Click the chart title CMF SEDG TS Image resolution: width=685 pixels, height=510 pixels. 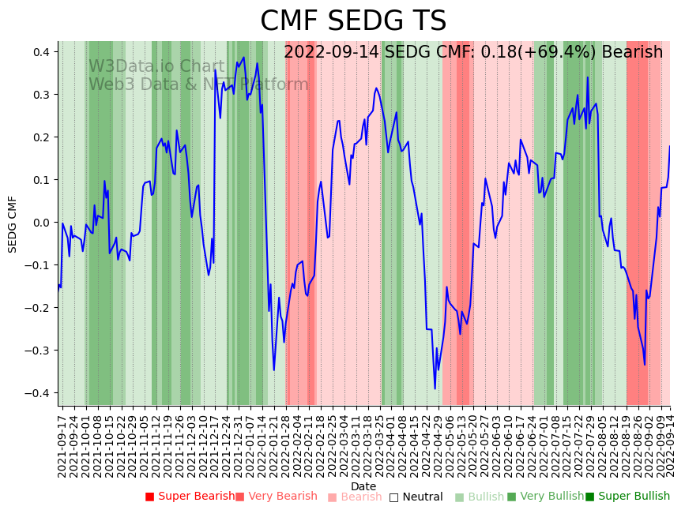tap(353, 21)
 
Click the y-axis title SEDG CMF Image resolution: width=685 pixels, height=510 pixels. tap(13, 224)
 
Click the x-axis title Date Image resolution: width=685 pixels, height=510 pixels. tap(363, 486)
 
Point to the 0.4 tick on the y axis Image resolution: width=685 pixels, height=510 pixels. tap(40, 52)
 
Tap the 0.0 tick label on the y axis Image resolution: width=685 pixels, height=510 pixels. tap(40, 223)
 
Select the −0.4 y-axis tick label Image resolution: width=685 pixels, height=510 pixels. tap(37, 393)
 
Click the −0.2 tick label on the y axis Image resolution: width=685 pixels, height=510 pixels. tap(37, 308)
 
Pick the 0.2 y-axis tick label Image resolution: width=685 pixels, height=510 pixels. tap(40, 137)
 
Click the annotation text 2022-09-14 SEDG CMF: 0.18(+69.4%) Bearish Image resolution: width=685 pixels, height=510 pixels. tap(473, 52)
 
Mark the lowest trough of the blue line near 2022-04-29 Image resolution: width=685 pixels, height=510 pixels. tap(435, 388)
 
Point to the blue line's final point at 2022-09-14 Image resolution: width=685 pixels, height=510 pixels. tap(670, 145)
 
